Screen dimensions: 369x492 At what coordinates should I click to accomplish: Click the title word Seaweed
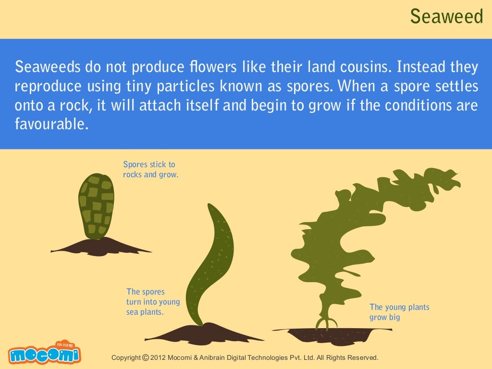(x=446, y=17)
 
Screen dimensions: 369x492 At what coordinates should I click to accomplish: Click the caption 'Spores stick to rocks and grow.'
(x=150, y=170)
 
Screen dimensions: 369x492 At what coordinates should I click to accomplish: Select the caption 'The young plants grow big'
(x=399, y=312)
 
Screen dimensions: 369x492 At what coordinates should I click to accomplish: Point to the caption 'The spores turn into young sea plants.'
(x=153, y=302)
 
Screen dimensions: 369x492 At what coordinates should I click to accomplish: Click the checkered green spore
(x=96, y=205)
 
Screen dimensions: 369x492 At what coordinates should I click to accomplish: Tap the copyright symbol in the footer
(x=145, y=358)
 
